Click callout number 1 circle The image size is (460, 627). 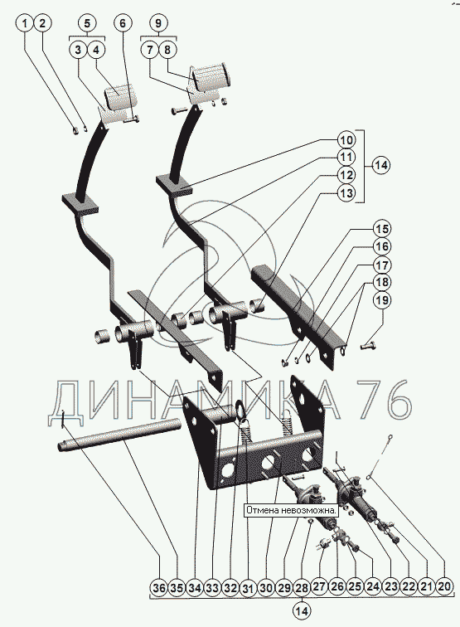click(25, 23)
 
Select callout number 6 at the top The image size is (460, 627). click(123, 23)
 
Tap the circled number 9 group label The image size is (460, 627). click(158, 23)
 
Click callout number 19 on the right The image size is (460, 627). click(381, 300)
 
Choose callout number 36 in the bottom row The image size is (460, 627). click(159, 588)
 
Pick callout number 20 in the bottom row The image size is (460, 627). click(444, 587)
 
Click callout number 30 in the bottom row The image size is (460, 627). click(266, 588)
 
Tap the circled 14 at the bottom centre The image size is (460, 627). click(302, 610)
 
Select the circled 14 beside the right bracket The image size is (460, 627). click(381, 165)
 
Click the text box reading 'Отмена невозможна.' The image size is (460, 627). click(291, 510)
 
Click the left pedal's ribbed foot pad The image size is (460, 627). click(120, 98)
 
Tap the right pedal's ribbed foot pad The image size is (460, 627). click(210, 77)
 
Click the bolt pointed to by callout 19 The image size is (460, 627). click(368, 347)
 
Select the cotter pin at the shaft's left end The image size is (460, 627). click(63, 419)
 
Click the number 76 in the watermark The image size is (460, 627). click(383, 400)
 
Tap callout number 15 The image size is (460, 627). click(381, 229)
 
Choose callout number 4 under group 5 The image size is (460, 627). click(96, 51)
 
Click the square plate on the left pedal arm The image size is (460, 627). click(80, 203)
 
